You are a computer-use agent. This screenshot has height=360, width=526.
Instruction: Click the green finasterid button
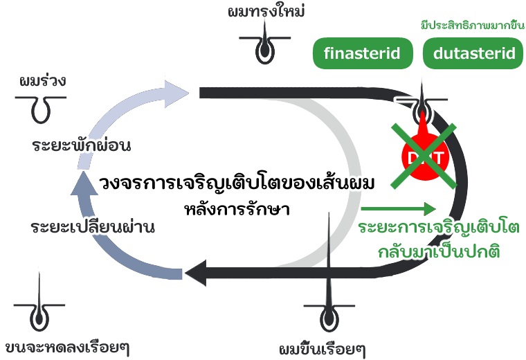(361, 53)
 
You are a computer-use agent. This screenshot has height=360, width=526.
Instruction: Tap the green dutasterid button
(473, 53)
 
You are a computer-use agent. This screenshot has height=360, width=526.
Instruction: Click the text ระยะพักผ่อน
(82, 146)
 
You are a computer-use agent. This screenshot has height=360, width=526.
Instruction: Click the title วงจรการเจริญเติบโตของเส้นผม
(237, 184)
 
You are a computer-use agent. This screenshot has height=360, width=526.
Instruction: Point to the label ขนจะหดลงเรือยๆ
(68, 345)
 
